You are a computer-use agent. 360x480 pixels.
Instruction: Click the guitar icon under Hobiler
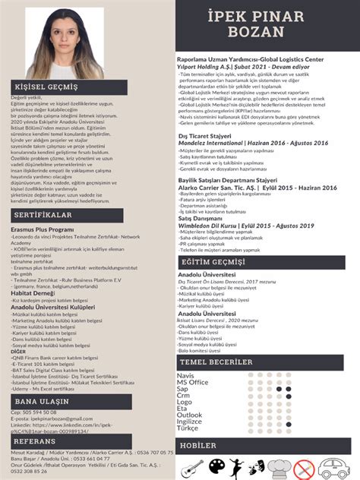click(x=193, y=466)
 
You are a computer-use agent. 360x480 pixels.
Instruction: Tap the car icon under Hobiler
click(x=339, y=466)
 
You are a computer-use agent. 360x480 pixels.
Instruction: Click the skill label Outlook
click(x=190, y=415)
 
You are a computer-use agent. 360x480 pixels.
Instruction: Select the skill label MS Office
click(x=193, y=382)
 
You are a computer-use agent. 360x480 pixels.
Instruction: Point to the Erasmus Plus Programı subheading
click(x=43, y=229)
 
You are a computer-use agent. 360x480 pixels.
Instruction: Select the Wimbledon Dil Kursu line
click(x=245, y=226)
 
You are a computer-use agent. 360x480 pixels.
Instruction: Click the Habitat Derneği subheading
click(x=32, y=292)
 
